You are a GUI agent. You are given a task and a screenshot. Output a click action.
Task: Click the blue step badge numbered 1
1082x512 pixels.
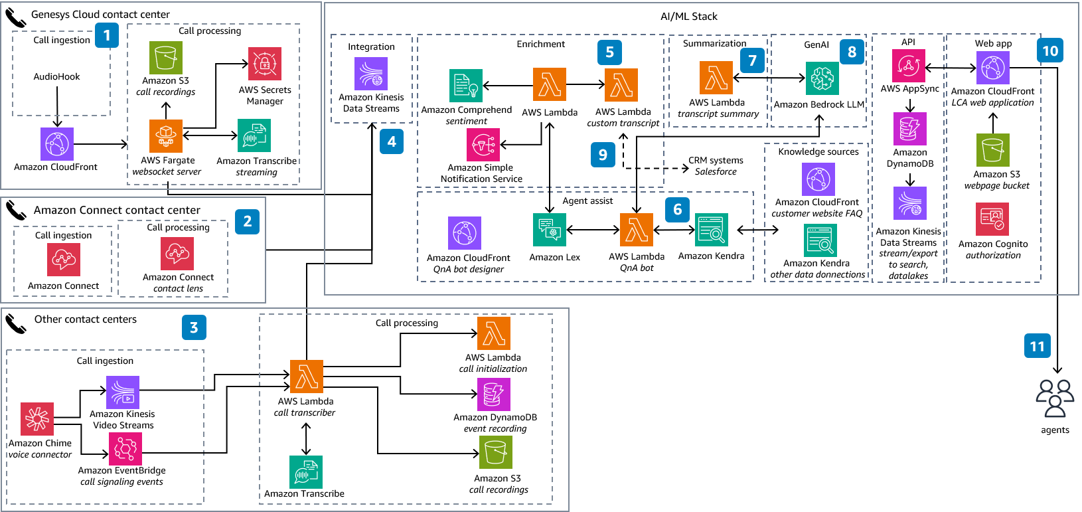pos(107,35)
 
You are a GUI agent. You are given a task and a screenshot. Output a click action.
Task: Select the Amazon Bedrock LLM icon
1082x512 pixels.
pos(822,78)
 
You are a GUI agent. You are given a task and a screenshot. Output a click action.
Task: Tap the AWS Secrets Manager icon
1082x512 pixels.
pos(265,64)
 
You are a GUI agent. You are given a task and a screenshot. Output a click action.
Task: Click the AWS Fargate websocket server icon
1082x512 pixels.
pos(166,136)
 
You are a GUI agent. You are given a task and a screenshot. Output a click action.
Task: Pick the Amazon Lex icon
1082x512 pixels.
pos(550,230)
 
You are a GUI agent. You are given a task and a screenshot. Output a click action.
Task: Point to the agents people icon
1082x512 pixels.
pos(1055,398)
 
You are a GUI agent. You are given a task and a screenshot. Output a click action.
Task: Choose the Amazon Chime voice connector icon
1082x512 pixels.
pos(37,418)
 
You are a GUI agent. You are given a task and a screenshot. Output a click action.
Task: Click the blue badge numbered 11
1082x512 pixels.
pos(1037,346)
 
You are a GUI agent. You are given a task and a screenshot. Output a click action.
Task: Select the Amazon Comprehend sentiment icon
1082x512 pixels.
pos(466,86)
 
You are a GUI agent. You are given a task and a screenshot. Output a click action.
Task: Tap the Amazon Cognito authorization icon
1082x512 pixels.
pos(992,219)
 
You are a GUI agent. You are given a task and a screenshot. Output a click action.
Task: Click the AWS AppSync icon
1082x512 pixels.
pos(908,65)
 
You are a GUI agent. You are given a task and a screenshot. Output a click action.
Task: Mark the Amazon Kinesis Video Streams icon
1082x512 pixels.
pos(123,392)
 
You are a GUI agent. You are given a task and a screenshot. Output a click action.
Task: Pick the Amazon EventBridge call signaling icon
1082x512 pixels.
pos(125,449)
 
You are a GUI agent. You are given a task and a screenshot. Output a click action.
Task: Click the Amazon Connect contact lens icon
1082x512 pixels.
pos(177,254)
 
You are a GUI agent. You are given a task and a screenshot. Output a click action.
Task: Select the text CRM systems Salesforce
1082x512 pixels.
pos(716,166)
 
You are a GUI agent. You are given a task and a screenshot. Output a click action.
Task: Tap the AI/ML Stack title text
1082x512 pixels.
pos(688,17)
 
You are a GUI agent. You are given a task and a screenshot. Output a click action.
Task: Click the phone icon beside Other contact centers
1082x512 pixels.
pos(16,323)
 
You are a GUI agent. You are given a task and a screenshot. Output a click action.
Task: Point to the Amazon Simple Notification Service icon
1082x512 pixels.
pos(483,145)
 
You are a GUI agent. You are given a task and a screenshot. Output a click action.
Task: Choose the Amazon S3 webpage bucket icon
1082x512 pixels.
pos(993,150)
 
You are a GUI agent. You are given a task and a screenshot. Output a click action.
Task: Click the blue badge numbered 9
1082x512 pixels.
pos(603,155)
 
